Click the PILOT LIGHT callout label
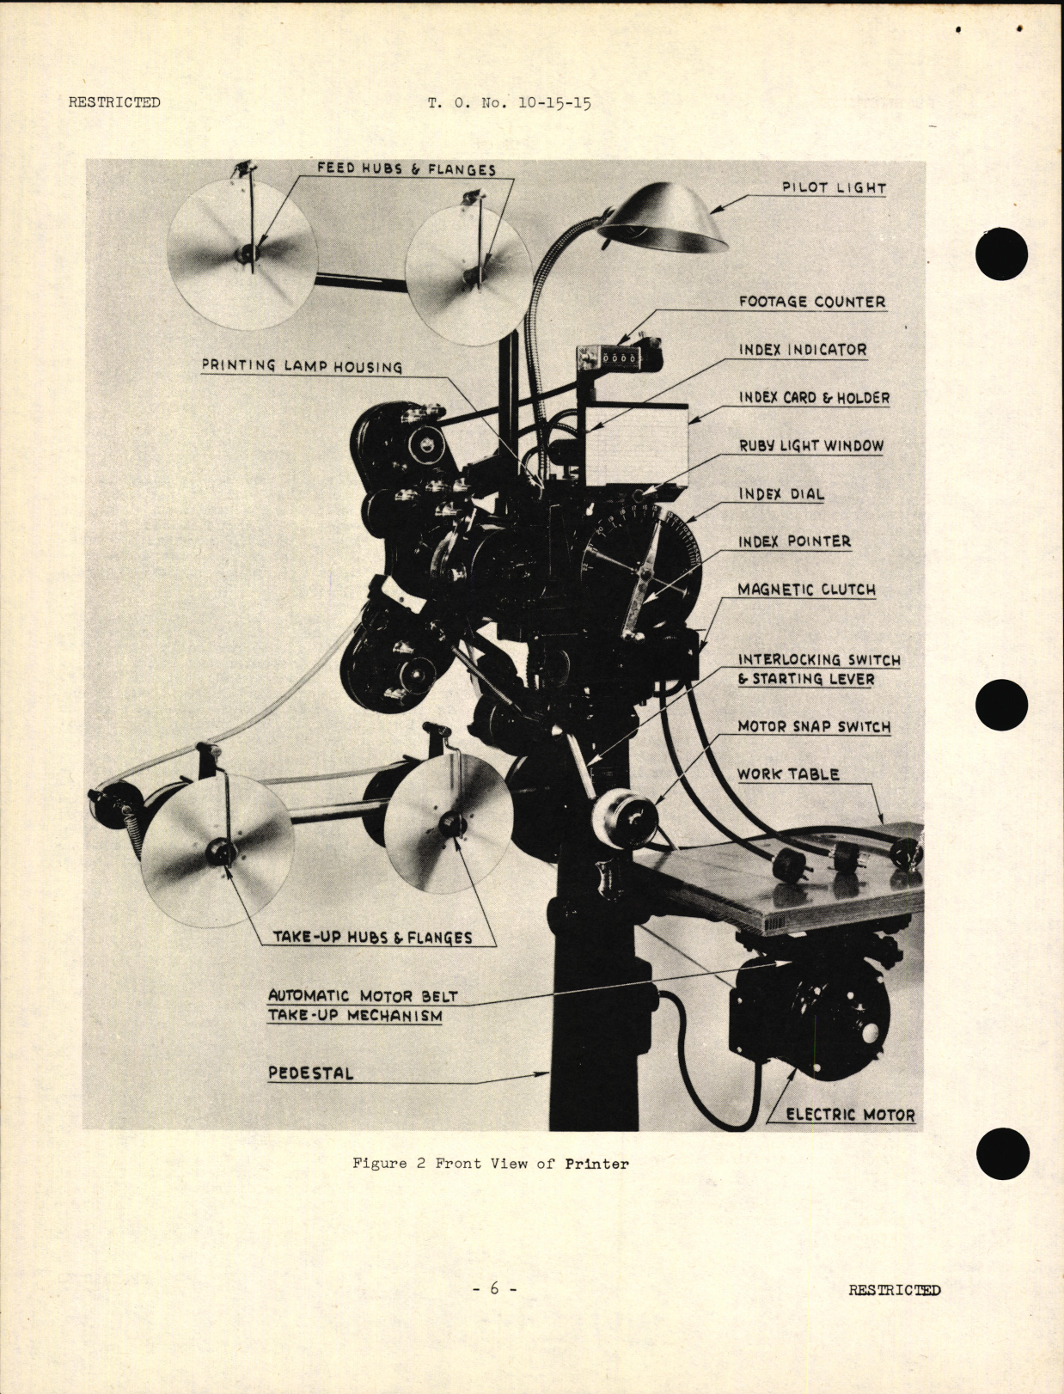click(x=833, y=187)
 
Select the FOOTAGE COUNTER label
click(x=811, y=302)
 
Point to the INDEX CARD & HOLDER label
click(x=814, y=398)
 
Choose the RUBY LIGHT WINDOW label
click(x=810, y=446)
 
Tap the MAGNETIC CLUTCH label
click(x=806, y=590)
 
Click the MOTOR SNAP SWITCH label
click(x=813, y=727)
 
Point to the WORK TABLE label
click(x=787, y=774)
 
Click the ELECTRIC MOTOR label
click(x=849, y=1115)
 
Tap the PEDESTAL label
click(x=310, y=1073)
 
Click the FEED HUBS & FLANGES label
click(x=406, y=168)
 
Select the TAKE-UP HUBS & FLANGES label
click(x=372, y=938)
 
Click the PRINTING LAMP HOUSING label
click(x=302, y=366)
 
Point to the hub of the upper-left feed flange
click(x=249, y=253)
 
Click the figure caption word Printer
click(x=596, y=1164)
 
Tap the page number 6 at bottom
click(x=494, y=1288)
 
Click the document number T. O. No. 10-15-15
click(x=509, y=103)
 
